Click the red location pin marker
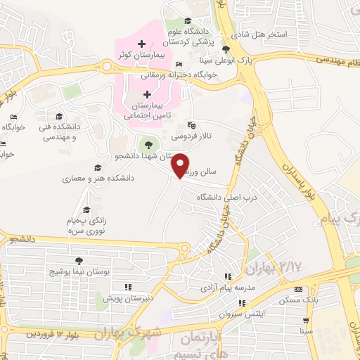coord(181,165)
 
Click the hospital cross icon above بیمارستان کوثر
coord(142,44)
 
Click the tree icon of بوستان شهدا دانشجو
coord(147,144)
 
